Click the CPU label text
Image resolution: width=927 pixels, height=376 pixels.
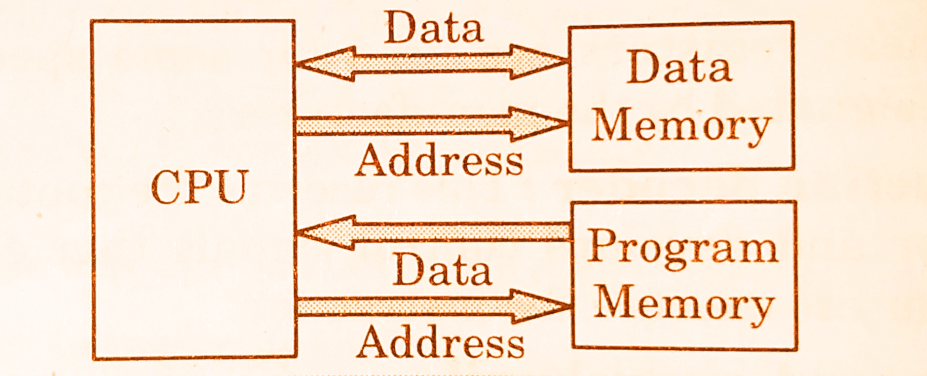click(x=200, y=187)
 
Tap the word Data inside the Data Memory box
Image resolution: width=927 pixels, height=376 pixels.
click(x=679, y=67)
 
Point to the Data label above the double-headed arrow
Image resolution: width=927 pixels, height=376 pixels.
click(x=434, y=29)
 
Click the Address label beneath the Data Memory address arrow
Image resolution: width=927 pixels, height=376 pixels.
click(x=439, y=160)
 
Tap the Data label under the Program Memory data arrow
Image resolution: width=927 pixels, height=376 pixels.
click(x=442, y=270)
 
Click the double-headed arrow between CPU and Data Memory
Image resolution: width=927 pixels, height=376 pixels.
click(x=432, y=62)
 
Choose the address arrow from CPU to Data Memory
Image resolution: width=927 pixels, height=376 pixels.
click(x=432, y=124)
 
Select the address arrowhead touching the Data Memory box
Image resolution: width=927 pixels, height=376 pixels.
click(x=537, y=124)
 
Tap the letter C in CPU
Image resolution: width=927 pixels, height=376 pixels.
click(x=166, y=188)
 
